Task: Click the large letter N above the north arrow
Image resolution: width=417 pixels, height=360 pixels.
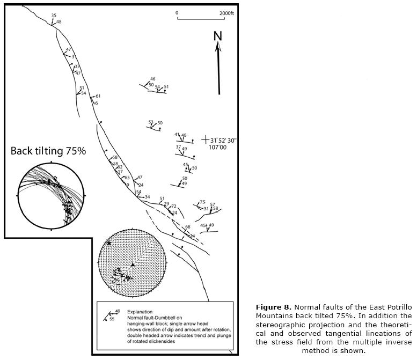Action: (218, 36)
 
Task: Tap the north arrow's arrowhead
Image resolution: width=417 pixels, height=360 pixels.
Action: (218, 47)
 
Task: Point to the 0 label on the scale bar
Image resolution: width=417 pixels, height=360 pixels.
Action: (177, 12)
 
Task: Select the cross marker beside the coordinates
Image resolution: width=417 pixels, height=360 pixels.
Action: (205, 140)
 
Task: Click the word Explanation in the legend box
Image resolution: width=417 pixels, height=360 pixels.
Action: (141, 312)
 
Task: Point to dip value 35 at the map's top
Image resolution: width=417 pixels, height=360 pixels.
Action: (54, 16)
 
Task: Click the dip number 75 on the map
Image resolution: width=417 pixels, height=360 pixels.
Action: (202, 202)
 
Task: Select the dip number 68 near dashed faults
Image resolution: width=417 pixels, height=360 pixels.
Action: (188, 227)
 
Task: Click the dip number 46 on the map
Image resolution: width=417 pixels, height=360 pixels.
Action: (152, 79)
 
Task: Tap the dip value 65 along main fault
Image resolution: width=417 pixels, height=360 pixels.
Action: (127, 178)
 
